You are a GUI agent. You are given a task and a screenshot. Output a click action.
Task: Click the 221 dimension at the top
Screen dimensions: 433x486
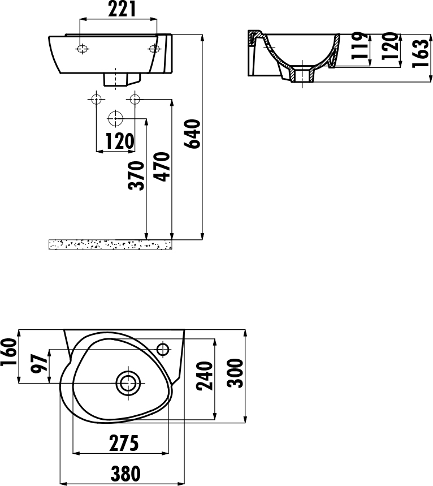pyautogui.click(x=122, y=9)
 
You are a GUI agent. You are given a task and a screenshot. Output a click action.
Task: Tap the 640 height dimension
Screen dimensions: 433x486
pyautogui.click(x=192, y=134)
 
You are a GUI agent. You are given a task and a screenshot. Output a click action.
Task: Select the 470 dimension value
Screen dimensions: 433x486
pyautogui.click(x=162, y=166)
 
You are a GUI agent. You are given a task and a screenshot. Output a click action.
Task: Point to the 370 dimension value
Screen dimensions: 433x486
pyautogui.click(x=136, y=175)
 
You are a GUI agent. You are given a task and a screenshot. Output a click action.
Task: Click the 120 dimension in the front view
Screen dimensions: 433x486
pyautogui.click(x=120, y=141)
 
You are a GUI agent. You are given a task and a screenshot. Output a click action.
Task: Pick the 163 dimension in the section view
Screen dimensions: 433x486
pyautogui.click(x=421, y=53)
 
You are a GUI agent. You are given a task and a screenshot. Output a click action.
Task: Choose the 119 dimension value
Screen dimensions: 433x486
pyautogui.click(x=360, y=45)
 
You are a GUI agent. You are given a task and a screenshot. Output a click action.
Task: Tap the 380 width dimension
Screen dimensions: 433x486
pyautogui.click(x=125, y=474)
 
